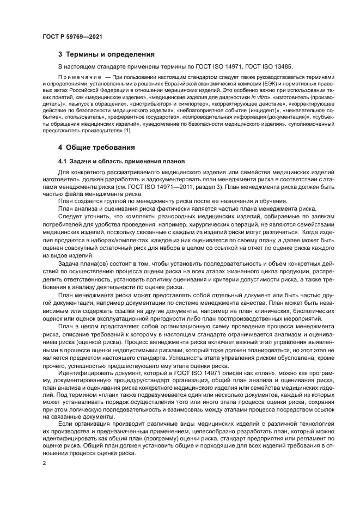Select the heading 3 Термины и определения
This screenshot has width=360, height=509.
(x=106, y=54)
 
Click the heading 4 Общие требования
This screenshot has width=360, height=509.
(x=97, y=148)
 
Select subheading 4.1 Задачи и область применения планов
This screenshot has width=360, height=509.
(x=121, y=161)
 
